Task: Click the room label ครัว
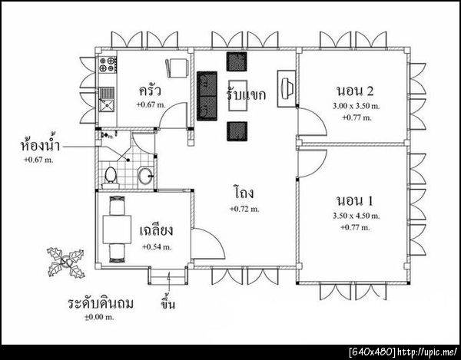(150, 91)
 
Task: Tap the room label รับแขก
(246, 94)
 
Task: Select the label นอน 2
(355, 91)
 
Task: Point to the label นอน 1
(354, 201)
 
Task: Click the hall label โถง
(244, 193)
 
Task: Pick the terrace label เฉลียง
(156, 230)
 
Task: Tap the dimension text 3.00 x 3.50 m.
(356, 106)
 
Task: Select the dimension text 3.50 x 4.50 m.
(356, 216)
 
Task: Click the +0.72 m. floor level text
(244, 209)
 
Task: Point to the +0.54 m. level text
(157, 247)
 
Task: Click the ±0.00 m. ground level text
(99, 318)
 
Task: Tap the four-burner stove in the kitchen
(108, 64)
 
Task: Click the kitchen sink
(107, 100)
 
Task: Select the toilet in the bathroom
(111, 177)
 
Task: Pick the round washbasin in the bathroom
(145, 176)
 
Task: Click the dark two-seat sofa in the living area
(207, 96)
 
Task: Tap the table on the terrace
(117, 230)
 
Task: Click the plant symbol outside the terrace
(66, 263)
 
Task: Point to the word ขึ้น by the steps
(167, 304)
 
